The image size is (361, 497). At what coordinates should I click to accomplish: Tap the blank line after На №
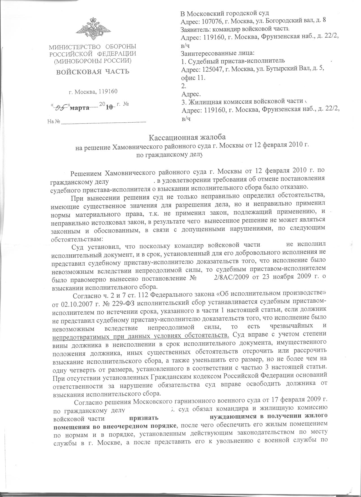click(x=104, y=122)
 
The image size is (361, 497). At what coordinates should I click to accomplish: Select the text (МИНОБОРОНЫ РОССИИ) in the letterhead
click(x=93, y=61)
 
